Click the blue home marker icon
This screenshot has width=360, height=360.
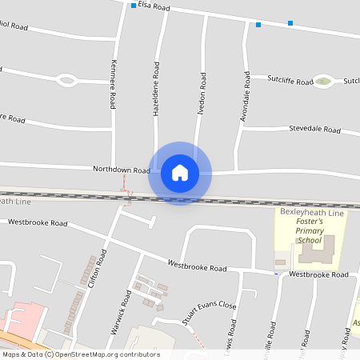(180, 172)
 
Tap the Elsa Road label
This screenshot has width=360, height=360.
(154, 6)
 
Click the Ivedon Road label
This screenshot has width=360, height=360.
(204, 91)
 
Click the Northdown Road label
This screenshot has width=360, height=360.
(121, 170)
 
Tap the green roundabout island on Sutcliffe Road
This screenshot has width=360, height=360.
(323, 81)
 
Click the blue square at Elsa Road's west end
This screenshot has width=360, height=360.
(134, 6)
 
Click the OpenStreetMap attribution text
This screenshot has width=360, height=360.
(81, 354)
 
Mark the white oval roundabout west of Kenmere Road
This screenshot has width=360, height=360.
(67, 80)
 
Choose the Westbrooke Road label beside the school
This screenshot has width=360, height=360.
(319, 274)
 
